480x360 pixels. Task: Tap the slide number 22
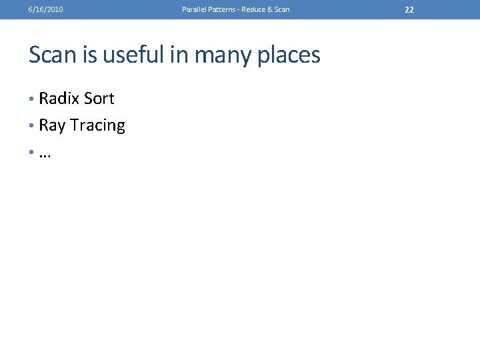[x=409, y=9]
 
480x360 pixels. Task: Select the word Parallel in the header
[x=193, y=9]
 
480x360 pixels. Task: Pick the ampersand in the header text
[x=271, y=9]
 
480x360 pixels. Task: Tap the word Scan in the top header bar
[x=282, y=9]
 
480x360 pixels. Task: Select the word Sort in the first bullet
[x=99, y=99]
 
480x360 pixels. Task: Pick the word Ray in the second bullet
[x=52, y=126]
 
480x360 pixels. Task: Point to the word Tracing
[x=97, y=126]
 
